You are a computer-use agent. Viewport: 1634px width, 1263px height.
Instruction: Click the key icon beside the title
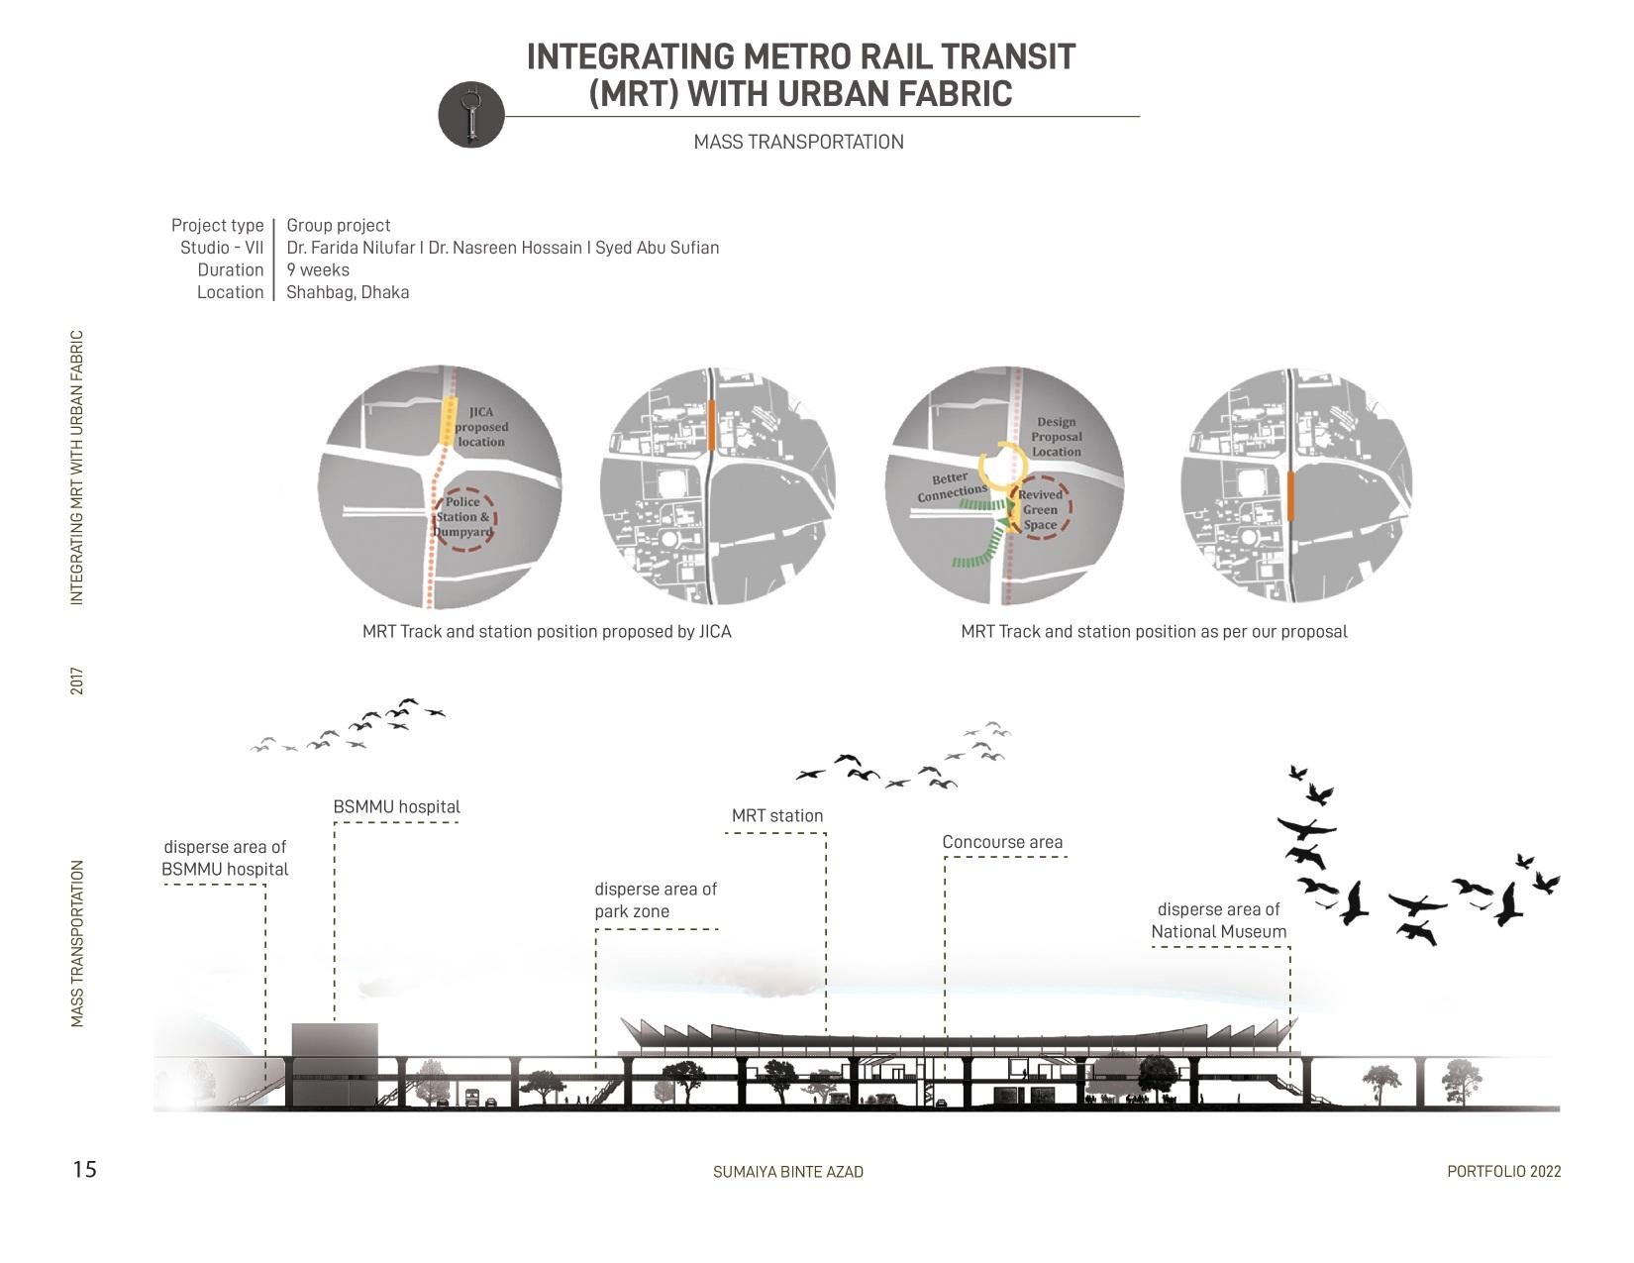471,115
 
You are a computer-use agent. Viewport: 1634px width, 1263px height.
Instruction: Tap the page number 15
85,1170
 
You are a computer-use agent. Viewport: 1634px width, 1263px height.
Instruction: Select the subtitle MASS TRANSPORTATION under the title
798,142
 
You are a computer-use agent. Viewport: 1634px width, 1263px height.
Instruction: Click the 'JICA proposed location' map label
481,427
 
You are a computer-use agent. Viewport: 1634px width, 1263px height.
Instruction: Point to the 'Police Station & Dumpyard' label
462,517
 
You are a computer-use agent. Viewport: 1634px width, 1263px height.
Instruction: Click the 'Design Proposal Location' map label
1056,437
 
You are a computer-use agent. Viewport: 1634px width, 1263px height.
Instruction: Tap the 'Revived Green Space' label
1040,509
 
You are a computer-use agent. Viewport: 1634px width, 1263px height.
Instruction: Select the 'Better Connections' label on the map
952,487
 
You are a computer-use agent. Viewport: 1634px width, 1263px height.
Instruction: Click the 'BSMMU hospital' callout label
396,807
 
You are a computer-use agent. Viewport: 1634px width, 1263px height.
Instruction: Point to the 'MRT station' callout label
777,816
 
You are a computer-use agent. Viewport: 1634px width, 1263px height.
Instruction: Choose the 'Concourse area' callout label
1002,843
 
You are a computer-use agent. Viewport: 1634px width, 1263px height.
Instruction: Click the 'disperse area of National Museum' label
1218,921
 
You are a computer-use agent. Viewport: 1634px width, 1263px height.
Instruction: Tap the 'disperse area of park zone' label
655,900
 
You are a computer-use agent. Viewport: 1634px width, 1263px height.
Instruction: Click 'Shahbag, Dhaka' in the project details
348,292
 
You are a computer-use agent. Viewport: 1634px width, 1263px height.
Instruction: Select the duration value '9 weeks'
318,269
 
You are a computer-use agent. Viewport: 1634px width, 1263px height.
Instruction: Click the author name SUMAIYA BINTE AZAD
788,1172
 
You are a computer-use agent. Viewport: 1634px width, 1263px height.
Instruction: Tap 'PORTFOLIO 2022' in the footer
1503,1172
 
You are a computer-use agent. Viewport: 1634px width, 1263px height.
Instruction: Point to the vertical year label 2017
77,681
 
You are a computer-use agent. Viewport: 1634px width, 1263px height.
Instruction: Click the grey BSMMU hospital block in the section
335,1064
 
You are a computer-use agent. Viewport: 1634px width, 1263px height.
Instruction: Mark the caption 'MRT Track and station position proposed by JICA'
547,632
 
